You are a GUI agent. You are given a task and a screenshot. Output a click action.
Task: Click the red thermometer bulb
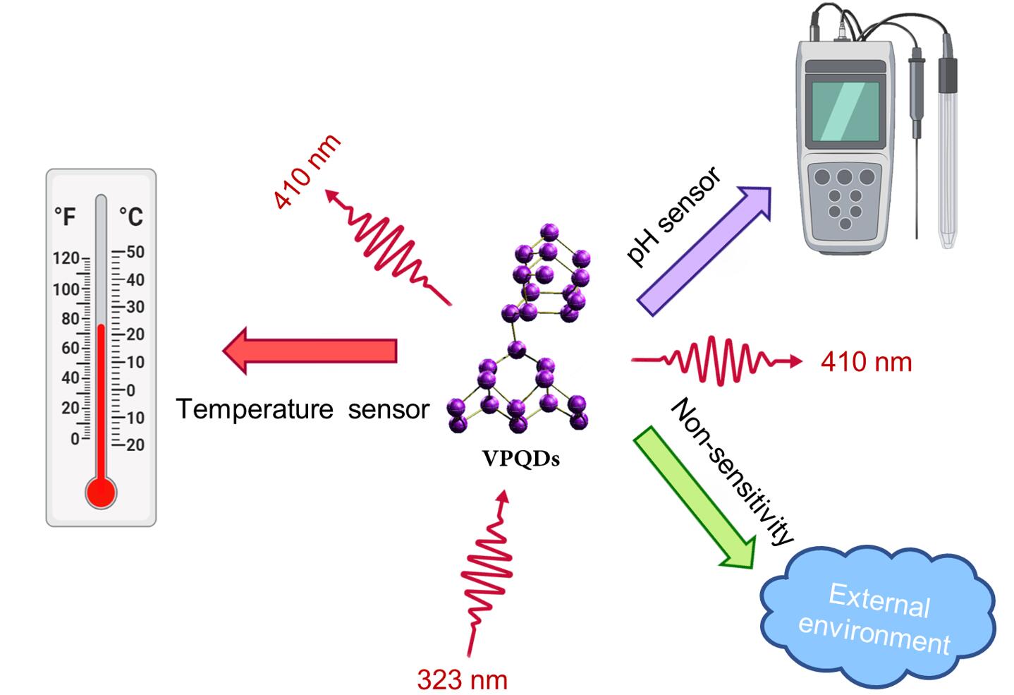101,492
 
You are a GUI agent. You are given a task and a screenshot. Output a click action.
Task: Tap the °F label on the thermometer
65,216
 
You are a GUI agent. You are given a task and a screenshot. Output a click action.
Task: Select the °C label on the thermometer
130,216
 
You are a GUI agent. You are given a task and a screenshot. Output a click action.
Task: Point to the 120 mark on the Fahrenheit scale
66,258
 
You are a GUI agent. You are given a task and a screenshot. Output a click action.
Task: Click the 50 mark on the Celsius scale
135,252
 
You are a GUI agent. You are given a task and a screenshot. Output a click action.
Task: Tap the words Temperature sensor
303,409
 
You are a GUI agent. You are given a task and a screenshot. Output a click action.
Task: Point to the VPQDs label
520,459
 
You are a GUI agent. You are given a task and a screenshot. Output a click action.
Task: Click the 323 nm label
462,679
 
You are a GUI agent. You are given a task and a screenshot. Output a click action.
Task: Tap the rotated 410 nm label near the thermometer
307,171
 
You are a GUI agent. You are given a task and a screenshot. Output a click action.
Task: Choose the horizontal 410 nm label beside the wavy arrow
866,362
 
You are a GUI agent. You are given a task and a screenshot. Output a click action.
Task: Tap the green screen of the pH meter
845,111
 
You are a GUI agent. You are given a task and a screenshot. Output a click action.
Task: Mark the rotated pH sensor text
673,216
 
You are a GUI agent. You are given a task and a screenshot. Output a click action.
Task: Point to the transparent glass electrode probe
948,155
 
